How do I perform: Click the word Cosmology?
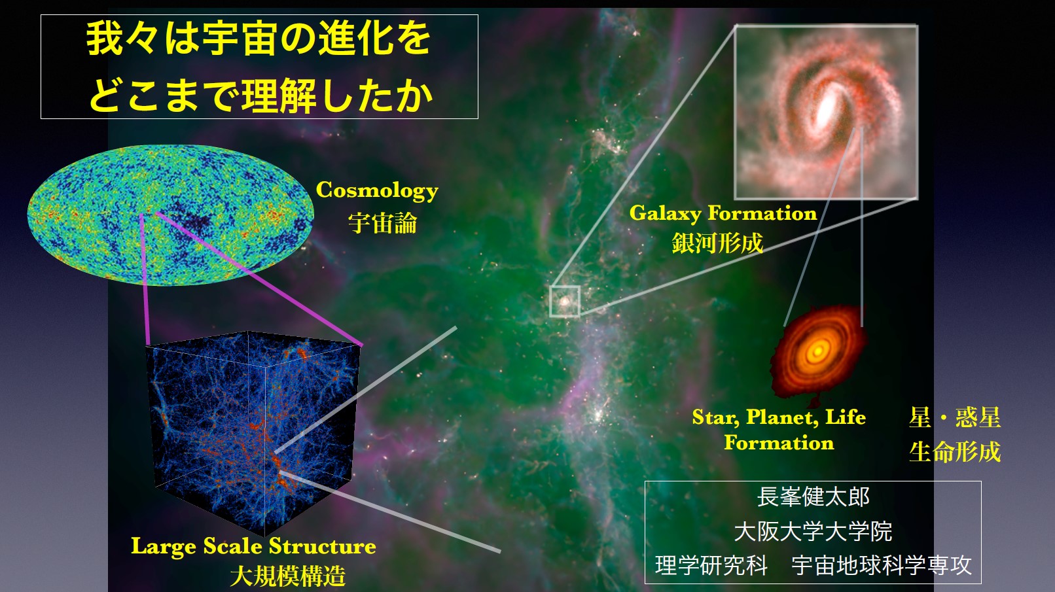point(377,190)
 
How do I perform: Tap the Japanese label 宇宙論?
point(382,223)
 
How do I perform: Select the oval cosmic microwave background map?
point(171,215)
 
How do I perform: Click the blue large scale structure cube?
point(252,433)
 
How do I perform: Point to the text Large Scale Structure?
point(253,547)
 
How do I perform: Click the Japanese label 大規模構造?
point(288,576)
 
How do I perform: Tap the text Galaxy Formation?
point(723,214)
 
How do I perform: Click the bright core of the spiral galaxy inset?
point(827,108)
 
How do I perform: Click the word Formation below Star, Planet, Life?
point(779,444)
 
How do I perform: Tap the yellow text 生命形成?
point(955,452)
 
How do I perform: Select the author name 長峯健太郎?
point(814,497)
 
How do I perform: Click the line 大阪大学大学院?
point(814,531)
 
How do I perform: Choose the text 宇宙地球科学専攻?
point(882,565)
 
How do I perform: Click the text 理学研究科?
point(711,565)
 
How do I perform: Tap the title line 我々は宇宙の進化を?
point(259,39)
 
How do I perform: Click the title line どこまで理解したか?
point(261,96)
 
